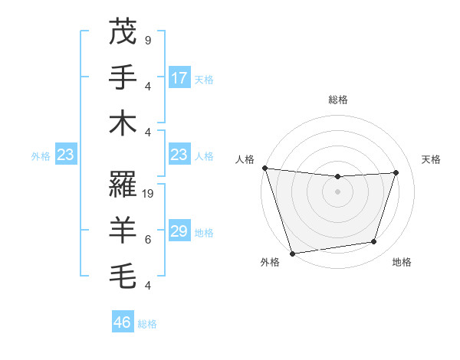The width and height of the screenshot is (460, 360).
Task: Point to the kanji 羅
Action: click(x=123, y=184)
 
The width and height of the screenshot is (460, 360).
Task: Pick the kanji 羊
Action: click(x=123, y=230)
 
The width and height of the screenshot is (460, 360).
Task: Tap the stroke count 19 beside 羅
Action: click(x=149, y=194)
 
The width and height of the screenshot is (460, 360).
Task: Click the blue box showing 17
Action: click(x=179, y=78)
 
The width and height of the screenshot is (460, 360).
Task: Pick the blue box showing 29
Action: click(x=179, y=231)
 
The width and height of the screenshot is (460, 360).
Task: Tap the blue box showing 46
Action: click(x=123, y=322)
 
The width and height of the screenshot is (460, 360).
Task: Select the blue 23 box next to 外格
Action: click(x=66, y=155)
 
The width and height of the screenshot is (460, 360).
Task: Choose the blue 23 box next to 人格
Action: click(x=179, y=155)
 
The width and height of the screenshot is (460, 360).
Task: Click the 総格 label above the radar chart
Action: click(x=338, y=100)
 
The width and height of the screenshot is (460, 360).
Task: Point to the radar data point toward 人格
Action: click(x=264, y=168)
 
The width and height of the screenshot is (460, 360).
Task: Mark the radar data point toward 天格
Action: click(x=396, y=172)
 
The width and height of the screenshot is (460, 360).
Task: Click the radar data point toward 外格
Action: click(x=292, y=254)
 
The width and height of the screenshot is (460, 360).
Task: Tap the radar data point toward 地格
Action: click(x=374, y=242)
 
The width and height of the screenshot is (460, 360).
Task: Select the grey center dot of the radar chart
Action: click(x=338, y=191)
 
